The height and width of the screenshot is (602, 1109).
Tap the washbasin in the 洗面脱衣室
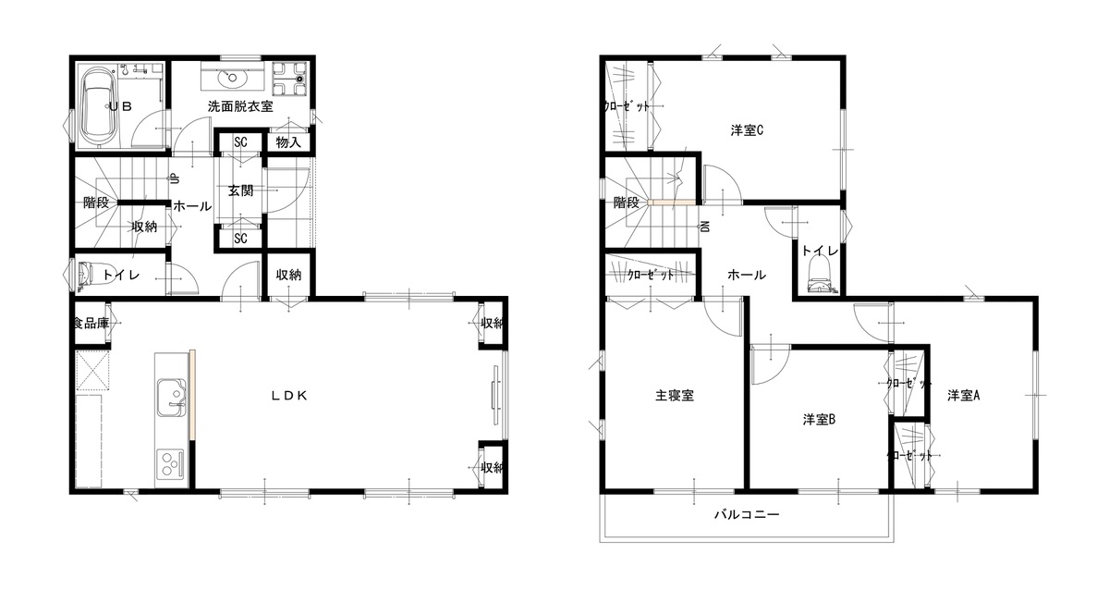pyautogui.click(x=232, y=78)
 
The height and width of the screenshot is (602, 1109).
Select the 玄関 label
pyautogui.click(x=240, y=190)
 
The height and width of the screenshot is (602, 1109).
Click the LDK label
pyautogui.click(x=289, y=396)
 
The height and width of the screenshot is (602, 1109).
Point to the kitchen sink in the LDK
pyautogui.click(x=172, y=398)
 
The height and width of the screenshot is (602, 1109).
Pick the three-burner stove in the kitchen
pyautogui.click(x=171, y=464)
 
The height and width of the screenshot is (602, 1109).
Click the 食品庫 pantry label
pyautogui.click(x=91, y=324)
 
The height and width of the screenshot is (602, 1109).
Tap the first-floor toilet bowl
pyautogui.click(x=85, y=275)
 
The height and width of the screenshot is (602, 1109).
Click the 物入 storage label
pyautogui.click(x=288, y=142)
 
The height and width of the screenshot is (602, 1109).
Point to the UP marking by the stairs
pyautogui.click(x=175, y=178)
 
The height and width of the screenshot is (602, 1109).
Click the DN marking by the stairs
pyautogui.click(x=705, y=227)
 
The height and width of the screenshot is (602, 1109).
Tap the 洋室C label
pyautogui.click(x=747, y=130)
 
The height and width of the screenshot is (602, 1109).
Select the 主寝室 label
pyautogui.click(x=675, y=396)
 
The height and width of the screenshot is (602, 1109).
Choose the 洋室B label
pyautogui.click(x=819, y=420)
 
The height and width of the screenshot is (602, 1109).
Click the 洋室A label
pyautogui.click(x=963, y=396)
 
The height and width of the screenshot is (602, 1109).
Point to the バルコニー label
pyautogui.click(x=747, y=515)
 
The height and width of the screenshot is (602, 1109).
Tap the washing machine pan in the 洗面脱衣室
pyautogui.click(x=289, y=79)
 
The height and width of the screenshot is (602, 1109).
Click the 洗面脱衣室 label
pyautogui.click(x=240, y=106)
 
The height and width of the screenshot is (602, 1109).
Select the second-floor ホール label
pyautogui.click(x=747, y=275)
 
